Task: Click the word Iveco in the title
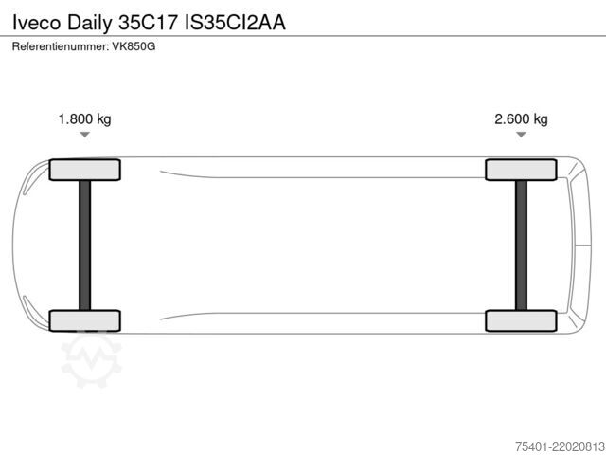(x=37, y=23)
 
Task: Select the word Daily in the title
(x=89, y=23)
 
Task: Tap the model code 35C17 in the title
(x=148, y=23)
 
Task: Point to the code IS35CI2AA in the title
(x=235, y=23)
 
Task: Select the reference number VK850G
(x=134, y=46)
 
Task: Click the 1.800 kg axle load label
(x=84, y=119)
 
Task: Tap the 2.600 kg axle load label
(x=521, y=119)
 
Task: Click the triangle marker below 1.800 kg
(x=84, y=135)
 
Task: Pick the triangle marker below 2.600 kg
(x=521, y=135)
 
